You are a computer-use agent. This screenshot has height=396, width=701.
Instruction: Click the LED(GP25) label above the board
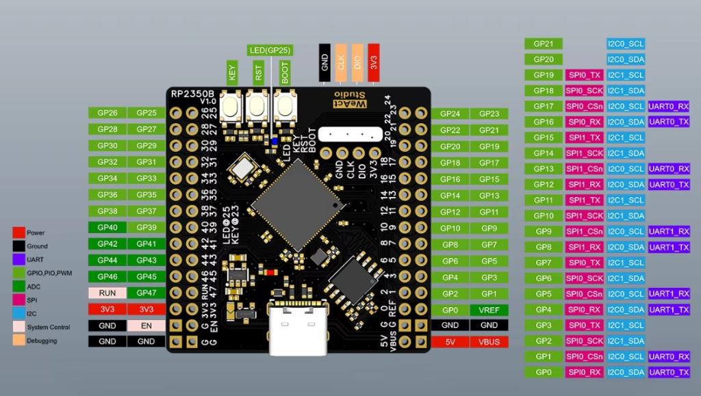[270, 51]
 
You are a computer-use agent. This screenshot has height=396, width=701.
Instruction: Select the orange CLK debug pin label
[341, 63]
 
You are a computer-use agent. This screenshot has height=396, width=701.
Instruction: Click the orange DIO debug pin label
[357, 63]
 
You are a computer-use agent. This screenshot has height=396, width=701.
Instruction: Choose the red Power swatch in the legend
[18, 233]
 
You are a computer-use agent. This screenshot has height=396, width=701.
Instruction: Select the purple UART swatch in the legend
[18, 260]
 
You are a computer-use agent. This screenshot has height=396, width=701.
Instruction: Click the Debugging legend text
[42, 341]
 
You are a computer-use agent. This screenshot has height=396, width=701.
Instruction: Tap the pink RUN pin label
[107, 293]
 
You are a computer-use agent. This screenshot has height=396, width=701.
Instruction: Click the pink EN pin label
[146, 326]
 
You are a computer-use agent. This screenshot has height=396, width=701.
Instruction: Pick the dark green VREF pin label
[489, 310]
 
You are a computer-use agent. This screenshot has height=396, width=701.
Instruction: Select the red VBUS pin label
[489, 341]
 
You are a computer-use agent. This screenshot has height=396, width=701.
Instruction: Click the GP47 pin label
[146, 293]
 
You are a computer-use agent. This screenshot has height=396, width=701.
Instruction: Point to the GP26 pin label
[107, 113]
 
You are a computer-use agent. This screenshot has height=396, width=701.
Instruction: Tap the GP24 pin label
[450, 114]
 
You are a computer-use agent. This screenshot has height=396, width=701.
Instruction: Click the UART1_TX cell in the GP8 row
[668, 247]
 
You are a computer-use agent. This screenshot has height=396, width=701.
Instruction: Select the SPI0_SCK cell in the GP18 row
[584, 90]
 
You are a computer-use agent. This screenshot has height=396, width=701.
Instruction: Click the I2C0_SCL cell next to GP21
[626, 44]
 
